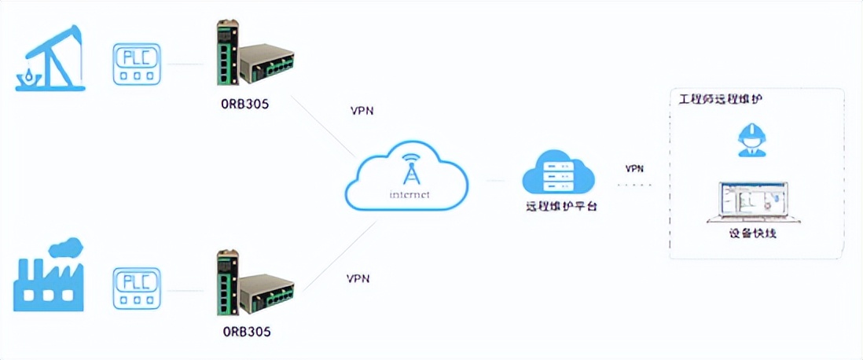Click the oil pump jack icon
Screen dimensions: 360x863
[x=51, y=58]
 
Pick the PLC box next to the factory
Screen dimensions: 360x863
[x=138, y=288]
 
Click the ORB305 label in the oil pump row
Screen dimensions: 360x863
[x=245, y=104]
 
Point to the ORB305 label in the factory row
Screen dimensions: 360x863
[x=245, y=331]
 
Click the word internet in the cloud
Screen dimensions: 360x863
[x=408, y=194]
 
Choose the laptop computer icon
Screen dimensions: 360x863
[x=753, y=203]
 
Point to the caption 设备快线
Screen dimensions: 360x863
[x=753, y=233]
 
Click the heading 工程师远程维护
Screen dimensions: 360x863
[x=721, y=99]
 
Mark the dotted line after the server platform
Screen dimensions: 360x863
[x=634, y=186]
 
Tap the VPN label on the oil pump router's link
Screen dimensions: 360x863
[x=362, y=111]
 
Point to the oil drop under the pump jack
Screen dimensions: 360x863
[x=29, y=75]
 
